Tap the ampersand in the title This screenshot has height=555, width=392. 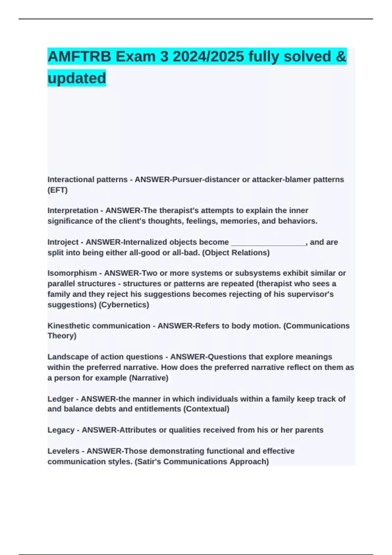341,56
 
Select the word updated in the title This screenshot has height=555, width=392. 77,78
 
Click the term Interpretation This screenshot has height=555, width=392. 73,211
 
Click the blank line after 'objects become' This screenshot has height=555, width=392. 268,242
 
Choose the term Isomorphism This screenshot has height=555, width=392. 72,273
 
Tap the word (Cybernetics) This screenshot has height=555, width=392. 124,305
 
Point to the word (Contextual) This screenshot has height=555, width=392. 206,409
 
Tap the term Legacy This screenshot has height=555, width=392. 61,430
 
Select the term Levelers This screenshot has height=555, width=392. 63,451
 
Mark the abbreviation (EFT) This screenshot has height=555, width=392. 57,190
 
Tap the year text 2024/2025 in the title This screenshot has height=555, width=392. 208,56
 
